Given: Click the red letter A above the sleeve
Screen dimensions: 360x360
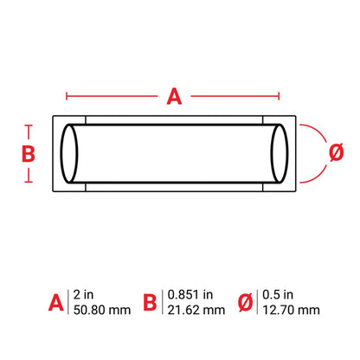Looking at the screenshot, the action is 174,96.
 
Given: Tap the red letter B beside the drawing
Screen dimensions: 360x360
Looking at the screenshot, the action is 29,154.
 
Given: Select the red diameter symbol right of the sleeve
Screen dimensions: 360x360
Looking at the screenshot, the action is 336,152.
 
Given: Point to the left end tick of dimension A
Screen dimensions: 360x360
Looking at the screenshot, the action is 67,96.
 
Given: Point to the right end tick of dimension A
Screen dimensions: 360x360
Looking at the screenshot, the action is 279,96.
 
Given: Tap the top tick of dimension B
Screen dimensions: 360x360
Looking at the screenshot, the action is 29,125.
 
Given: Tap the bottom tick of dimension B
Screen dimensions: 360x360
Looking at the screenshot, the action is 29,182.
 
